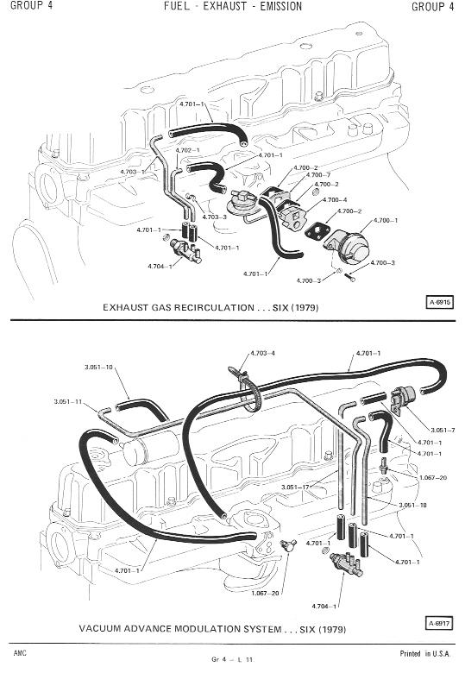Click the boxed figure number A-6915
coord(439,302)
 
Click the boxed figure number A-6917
coord(439,623)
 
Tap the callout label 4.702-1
coord(187,150)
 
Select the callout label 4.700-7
coord(317,174)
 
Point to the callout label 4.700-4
coord(335,199)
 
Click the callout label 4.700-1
coord(386,220)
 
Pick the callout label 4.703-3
coord(215,217)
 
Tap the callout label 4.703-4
coord(262,353)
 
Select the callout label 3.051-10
coord(98,367)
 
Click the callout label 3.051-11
coord(68,402)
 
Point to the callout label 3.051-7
coord(443,430)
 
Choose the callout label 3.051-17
coord(295,487)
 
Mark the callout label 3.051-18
coord(412,505)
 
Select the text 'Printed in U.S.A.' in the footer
coord(425,654)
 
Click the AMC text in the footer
coord(20,653)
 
